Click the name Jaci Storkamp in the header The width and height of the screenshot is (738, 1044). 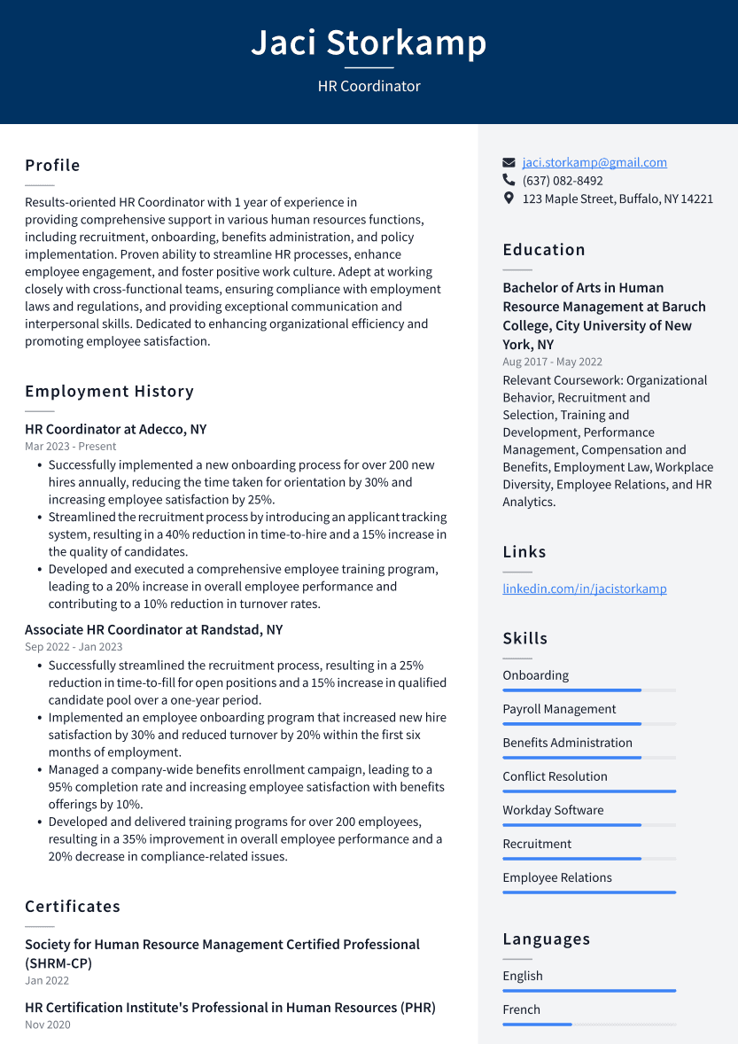point(369,43)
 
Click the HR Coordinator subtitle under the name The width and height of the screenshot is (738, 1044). point(369,86)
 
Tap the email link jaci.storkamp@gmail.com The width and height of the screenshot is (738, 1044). point(594,162)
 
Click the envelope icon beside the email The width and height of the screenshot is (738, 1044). point(509,163)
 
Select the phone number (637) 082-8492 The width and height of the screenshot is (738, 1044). point(563,181)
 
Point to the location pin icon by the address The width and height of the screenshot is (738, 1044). point(509,199)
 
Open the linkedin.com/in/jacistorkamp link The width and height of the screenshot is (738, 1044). point(585,588)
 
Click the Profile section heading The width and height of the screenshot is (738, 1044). point(52,166)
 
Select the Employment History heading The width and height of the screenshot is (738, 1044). point(109,392)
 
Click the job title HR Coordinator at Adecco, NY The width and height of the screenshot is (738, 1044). point(115,429)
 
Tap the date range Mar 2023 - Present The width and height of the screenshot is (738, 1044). point(70,447)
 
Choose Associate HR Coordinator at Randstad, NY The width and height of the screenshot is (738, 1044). point(153,629)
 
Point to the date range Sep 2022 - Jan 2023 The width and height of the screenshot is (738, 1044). point(74,647)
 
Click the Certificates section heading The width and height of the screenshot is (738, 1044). point(73,907)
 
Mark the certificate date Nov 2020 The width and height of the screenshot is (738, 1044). point(47,1025)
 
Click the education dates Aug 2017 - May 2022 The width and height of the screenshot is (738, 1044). point(552,362)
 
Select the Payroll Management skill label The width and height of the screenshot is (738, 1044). point(559,709)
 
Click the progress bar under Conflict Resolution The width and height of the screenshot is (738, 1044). point(589,791)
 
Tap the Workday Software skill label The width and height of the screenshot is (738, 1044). point(553,810)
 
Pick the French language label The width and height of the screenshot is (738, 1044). point(521,1009)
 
